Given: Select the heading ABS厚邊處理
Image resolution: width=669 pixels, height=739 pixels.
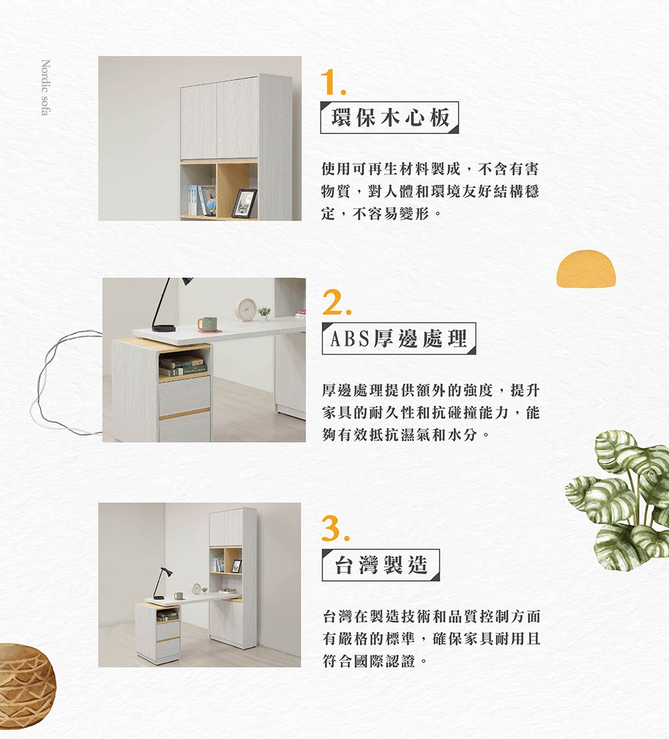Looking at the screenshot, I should tap(399, 339).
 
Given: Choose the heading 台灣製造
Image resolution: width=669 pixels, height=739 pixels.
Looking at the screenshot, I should tap(380, 565).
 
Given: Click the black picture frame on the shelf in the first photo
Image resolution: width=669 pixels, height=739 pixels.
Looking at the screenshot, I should tap(244, 203).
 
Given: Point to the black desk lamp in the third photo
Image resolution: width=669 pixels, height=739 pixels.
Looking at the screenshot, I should tap(159, 581).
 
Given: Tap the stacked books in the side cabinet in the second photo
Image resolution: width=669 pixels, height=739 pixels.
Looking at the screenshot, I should tap(183, 366).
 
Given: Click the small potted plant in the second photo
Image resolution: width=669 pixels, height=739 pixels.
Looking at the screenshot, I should tap(264, 313).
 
